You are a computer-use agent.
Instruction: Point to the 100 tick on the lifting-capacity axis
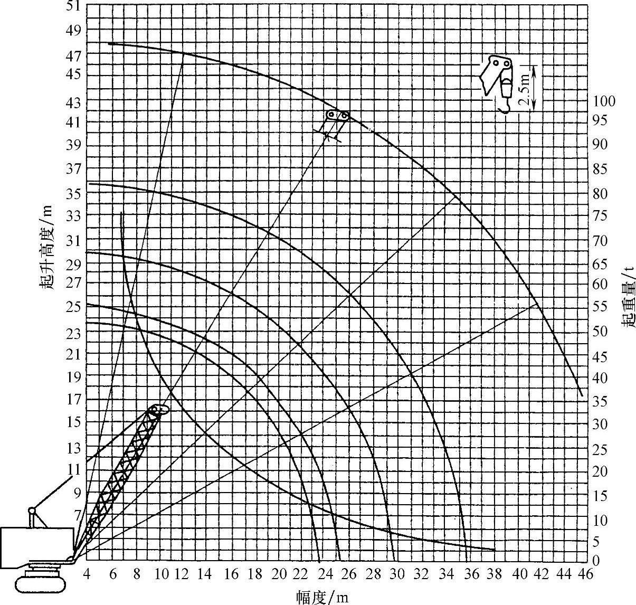(604, 101)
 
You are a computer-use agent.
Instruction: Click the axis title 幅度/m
(322, 597)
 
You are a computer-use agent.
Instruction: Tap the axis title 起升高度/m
(46, 246)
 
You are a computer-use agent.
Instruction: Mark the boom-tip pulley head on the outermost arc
(337, 115)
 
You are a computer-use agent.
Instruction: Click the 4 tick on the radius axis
(88, 574)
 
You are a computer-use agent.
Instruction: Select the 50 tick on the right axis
(601, 332)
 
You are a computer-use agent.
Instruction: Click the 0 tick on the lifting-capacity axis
(596, 561)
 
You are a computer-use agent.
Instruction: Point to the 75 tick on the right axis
(601, 216)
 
